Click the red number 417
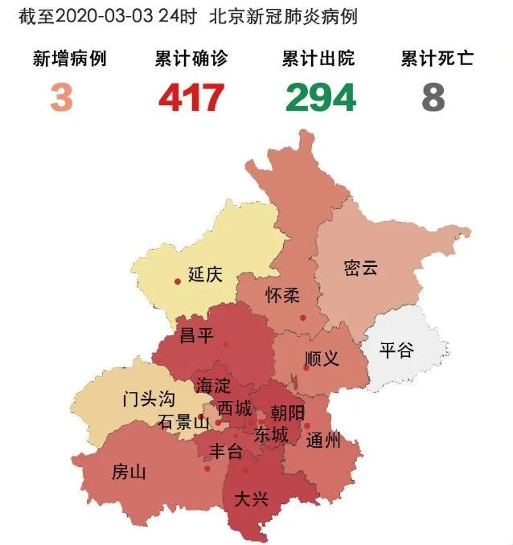191,98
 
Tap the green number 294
319,98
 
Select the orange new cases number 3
61,98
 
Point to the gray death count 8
433,98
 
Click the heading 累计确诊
191,59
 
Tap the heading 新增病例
69,59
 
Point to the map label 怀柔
282,295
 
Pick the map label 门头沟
148,399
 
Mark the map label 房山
129,472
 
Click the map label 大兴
250,498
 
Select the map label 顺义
322,359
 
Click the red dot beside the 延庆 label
178,281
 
